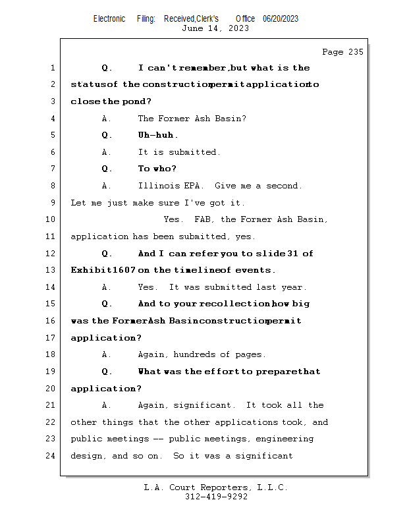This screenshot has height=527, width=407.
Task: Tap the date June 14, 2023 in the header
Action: point(215,28)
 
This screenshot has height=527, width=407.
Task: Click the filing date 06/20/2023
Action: point(281,19)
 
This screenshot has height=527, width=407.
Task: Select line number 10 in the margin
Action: point(51,220)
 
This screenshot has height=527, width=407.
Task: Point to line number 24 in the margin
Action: point(51,456)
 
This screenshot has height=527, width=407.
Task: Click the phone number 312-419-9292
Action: point(216,497)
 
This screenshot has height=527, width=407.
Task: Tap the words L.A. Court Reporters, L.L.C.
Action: point(216,487)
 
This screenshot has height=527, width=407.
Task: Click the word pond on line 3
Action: point(136,101)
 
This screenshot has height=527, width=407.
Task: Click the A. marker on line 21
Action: point(107,405)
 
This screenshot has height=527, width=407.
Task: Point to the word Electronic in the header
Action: point(109,19)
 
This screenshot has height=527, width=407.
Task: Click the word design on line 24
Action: point(86,456)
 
